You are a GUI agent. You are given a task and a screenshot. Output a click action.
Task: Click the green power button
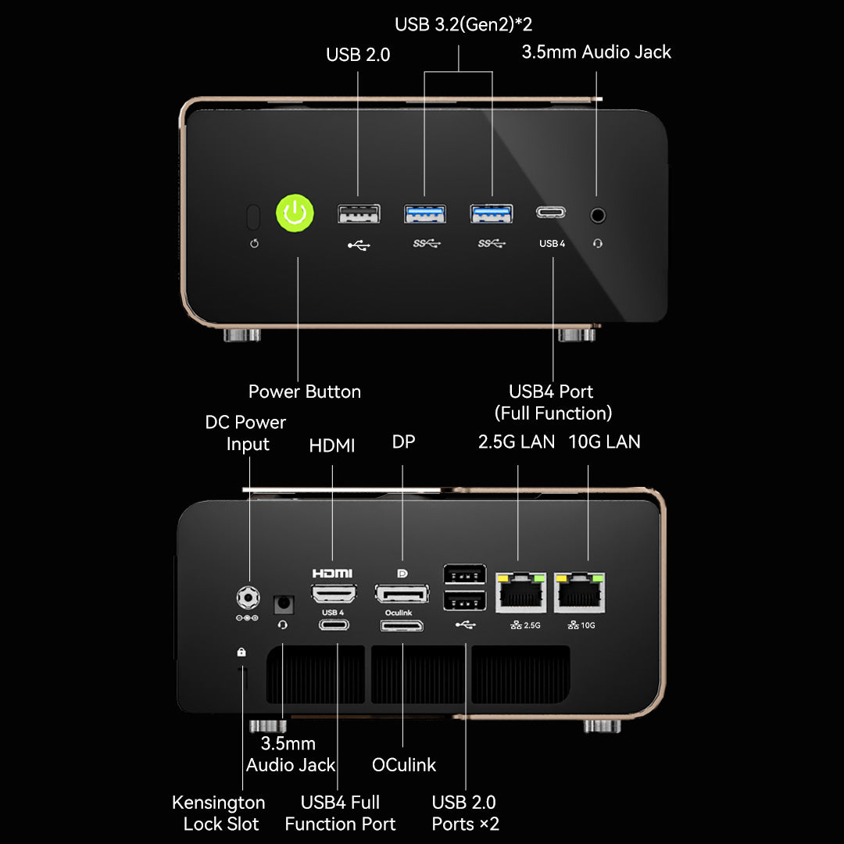[x=295, y=213]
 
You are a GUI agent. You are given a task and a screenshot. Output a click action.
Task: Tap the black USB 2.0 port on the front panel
[x=359, y=213]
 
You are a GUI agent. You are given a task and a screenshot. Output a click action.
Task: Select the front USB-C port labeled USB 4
[x=551, y=213]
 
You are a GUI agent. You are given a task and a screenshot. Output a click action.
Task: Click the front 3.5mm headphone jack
[x=598, y=216]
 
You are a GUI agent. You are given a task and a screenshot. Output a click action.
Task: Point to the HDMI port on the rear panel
[x=334, y=594]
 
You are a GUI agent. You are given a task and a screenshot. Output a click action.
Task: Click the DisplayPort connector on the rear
[x=402, y=594]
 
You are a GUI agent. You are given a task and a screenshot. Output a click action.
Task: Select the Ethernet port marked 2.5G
[x=520, y=592]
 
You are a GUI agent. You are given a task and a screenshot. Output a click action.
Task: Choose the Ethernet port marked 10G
[x=579, y=592]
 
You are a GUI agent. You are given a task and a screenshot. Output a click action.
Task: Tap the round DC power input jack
[x=249, y=598]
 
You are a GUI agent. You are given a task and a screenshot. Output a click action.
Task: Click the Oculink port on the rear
[x=402, y=625]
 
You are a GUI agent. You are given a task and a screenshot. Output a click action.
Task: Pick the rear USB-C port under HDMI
[x=334, y=625]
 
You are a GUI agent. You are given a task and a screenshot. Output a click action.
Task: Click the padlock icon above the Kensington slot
[x=241, y=652]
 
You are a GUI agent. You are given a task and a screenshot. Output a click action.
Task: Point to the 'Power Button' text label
[x=305, y=392]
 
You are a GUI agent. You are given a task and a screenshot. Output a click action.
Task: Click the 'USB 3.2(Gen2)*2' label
[x=463, y=24]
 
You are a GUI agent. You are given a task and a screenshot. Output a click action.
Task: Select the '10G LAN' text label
[x=604, y=442]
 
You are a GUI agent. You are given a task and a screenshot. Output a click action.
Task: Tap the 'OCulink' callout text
[x=404, y=765]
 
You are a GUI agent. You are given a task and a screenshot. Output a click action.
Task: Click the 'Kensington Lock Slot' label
[x=219, y=813]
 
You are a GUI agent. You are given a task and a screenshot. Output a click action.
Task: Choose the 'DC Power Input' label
[x=246, y=433]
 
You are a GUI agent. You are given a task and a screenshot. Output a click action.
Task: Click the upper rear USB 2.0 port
[x=464, y=574]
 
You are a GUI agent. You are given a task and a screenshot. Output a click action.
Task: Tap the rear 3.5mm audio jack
[x=284, y=604]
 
